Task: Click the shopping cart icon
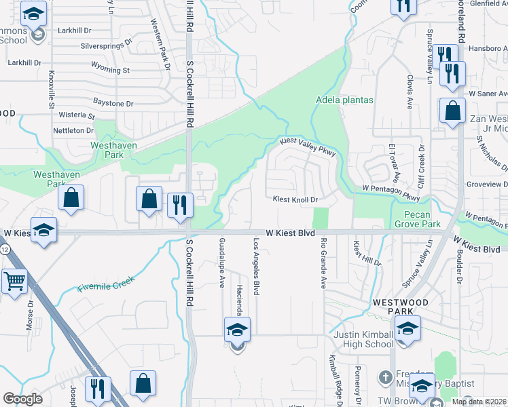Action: click(14, 280)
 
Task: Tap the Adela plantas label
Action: click(344, 100)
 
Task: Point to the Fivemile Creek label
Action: click(106, 284)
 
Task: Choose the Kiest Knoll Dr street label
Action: click(295, 200)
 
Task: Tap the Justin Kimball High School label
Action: click(363, 339)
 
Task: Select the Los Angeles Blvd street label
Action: click(257, 267)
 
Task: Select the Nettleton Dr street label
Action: click(74, 130)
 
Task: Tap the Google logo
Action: click(23, 399)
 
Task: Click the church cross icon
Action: click(384, 376)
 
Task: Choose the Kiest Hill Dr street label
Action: click(367, 253)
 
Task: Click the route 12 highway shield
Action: click(5, 250)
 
